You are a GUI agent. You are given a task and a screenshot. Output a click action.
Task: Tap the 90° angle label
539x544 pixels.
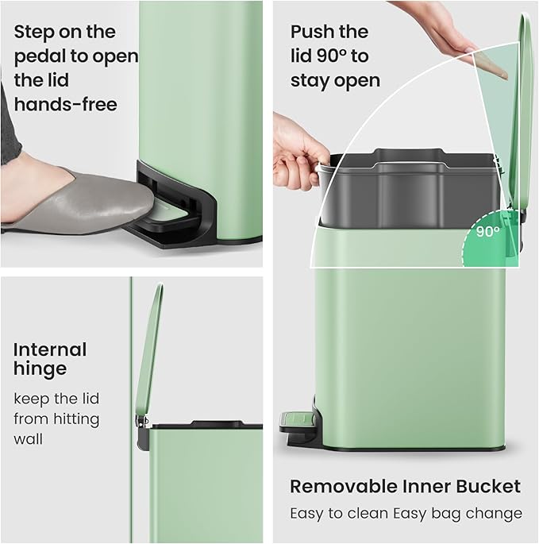pyautogui.click(x=488, y=232)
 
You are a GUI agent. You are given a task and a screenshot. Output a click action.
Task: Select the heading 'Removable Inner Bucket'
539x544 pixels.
pyautogui.click(x=405, y=486)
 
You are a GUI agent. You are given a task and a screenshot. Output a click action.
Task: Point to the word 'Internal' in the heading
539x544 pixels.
pyautogui.click(x=50, y=349)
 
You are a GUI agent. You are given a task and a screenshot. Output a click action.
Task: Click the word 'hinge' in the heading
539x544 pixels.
pyautogui.click(x=40, y=368)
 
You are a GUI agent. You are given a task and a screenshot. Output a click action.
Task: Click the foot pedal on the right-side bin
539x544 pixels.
pyautogui.click(x=295, y=420)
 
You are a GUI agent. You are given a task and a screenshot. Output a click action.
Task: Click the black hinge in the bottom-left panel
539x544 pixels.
pyautogui.click(x=143, y=429)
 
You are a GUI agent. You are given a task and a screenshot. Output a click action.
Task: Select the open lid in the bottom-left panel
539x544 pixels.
pyautogui.click(x=149, y=349)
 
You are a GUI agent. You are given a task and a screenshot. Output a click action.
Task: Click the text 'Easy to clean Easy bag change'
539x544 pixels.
pyautogui.click(x=406, y=513)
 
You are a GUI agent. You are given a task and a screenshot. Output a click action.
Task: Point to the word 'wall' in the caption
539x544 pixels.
pyautogui.click(x=28, y=439)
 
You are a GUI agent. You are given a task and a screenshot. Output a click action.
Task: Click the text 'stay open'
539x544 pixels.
pyautogui.click(x=335, y=80)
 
